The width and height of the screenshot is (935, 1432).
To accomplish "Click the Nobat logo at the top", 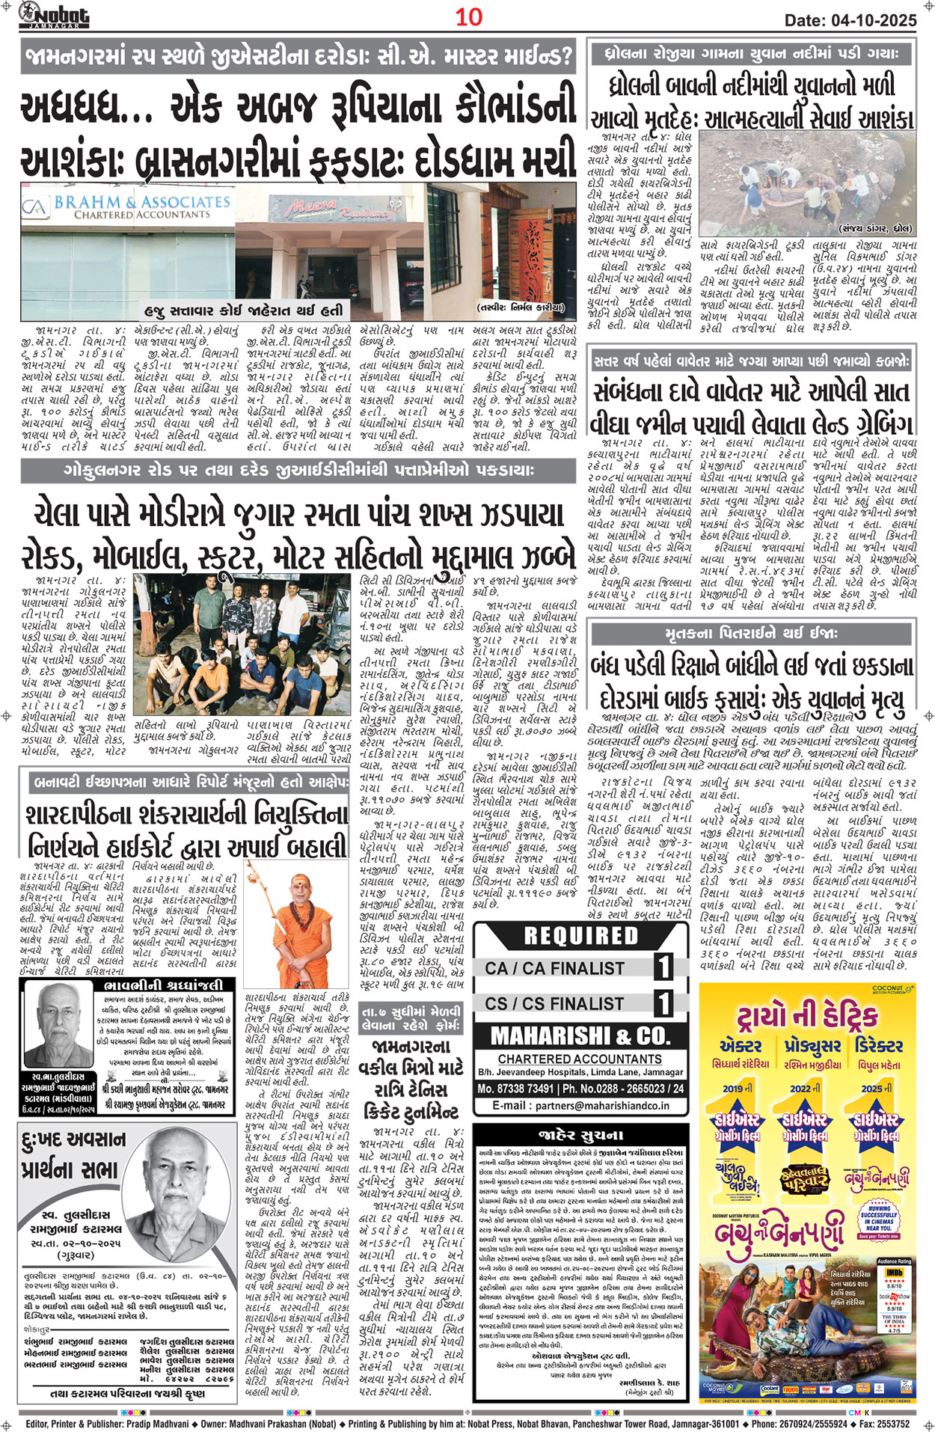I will (x=54, y=14).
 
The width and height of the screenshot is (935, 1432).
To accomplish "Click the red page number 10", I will (x=469, y=17).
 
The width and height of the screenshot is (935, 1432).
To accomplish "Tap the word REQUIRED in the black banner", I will (x=580, y=936).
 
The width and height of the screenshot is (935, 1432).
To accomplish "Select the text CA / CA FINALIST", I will (x=554, y=968).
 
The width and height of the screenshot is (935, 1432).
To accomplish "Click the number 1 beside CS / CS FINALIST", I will (x=663, y=1003).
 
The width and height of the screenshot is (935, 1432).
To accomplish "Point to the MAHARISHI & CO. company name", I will (x=580, y=1036).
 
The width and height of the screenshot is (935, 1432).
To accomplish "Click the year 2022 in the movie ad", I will (x=800, y=1089).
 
